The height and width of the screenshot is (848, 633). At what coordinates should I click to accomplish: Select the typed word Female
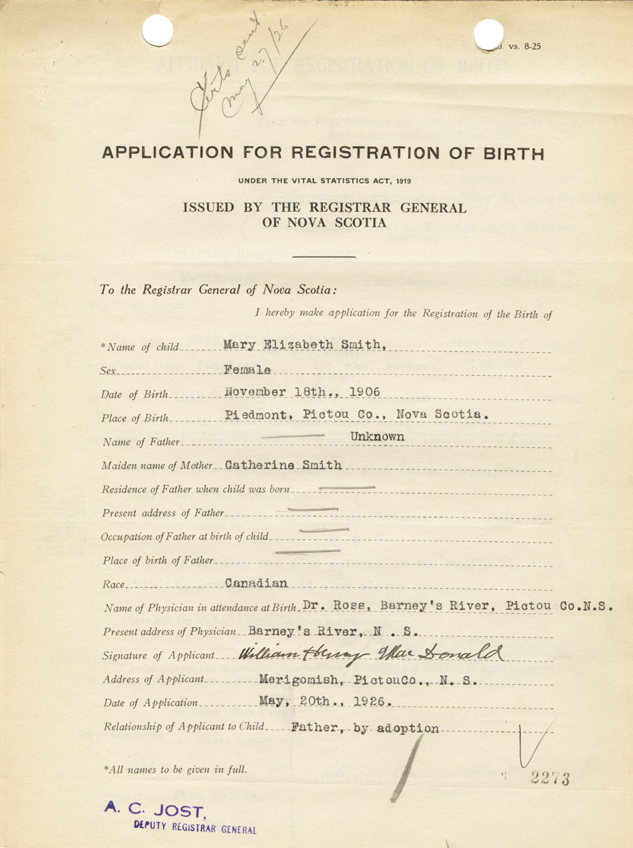pyautogui.click(x=248, y=370)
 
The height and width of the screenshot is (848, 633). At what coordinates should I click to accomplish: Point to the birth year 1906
pyautogui.click(x=365, y=392)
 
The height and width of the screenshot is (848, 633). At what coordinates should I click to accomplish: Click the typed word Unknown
pyautogui.click(x=378, y=437)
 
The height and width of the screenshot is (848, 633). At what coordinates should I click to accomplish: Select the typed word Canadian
pyautogui.click(x=256, y=583)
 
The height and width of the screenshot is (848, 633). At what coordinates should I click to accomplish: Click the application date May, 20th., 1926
pyautogui.click(x=325, y=702)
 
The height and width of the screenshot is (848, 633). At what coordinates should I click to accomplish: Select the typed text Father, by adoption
pyautogui.click(x=365, y=728)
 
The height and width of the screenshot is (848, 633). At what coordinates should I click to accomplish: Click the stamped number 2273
pyautogui.click(x=550, y=778)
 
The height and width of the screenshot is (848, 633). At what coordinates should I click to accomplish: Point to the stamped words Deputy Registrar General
pyautogui.click(x=195, y=827)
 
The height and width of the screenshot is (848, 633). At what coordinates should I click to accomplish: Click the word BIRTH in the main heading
pyautogui.click(x=513, y=154)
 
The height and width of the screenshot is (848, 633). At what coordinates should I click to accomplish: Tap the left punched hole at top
pyautogui.click(x=157, y=31)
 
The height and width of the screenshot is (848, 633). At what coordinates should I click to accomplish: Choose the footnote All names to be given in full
pyautogui.click(x=175, y=770)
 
